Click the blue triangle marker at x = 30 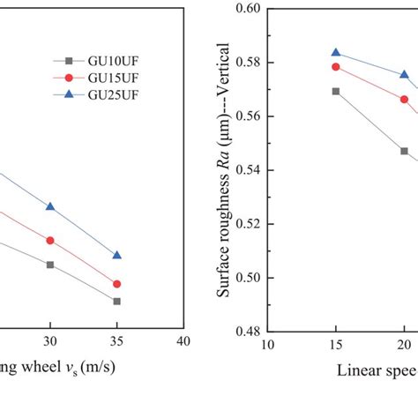(x=50, y=206)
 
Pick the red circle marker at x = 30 (x=50, y=240)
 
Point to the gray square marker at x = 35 (x=117, y=301)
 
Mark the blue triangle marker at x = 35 (x=117, y=255)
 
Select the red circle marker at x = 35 (x=117, y=284)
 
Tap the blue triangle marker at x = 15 (x=336, y=53)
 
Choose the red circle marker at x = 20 (x=404, y=99)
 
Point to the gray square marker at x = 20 (x=404, y=151)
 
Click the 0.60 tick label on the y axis (x=249, y=9)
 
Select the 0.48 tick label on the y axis (x=249, y=332)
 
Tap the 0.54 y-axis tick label (x=249, y=170)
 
